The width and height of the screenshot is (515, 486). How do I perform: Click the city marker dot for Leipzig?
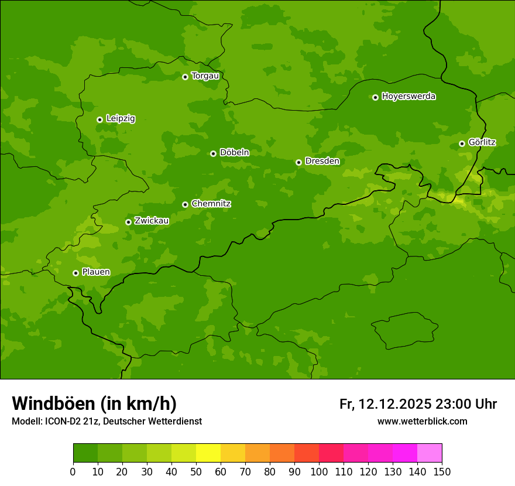tap(99, 119)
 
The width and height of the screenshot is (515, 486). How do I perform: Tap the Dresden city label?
tap(322, 161)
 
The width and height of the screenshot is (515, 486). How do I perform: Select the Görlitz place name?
tap(482, 142)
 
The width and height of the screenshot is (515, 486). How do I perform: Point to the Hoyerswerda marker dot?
tap(375, 97)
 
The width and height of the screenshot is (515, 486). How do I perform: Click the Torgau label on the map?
tap(205, 76)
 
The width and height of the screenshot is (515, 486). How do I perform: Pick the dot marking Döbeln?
tap(213, 153)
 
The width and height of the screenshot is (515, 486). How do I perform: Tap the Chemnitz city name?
tap(211, 204)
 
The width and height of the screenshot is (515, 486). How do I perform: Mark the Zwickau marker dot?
tap(128, 222)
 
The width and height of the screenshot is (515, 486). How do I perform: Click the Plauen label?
tap(95, 272)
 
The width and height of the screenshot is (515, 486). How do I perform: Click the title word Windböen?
tap(53, 403)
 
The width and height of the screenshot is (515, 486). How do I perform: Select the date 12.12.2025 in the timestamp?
tap(395, 404)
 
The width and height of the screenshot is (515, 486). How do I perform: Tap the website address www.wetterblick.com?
tap(422, 421)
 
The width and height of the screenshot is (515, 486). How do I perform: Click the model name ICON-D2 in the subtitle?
tap(63, 421)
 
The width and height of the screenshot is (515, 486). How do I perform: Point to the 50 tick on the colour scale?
tap(196, 471)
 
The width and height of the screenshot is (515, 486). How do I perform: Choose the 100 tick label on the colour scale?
tap(319, 471)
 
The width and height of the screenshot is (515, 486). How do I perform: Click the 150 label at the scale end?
tap(442, 471)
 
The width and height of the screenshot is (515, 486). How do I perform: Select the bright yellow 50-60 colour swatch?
tap(208, 453)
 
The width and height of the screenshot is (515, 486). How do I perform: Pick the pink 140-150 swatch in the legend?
tap(430, 453)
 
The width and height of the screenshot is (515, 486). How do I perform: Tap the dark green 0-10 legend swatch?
tap(85, 453)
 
